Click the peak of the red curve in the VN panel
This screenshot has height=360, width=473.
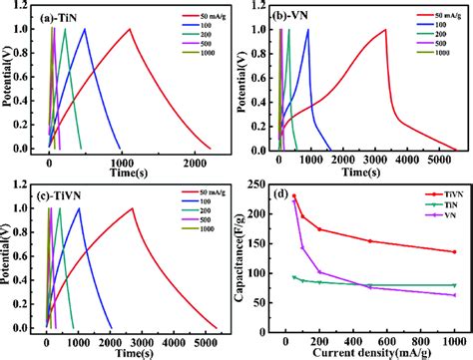(385, 29)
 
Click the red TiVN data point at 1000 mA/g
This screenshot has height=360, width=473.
(454, 252)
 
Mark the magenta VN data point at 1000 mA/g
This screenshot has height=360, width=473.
(454, 295)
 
